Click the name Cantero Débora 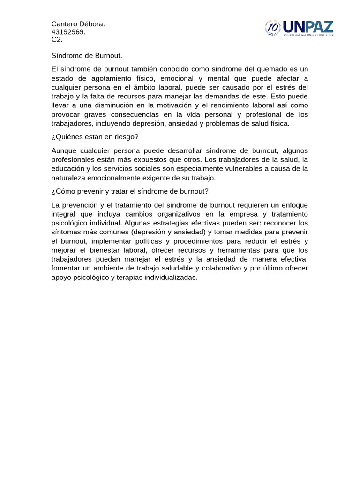pos(78,24)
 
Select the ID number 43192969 pos(68,32)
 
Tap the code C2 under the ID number pos(57,40)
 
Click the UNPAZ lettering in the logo pos(307,27)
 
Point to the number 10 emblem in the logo pos(273,29)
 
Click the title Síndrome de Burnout pos(87,56)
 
